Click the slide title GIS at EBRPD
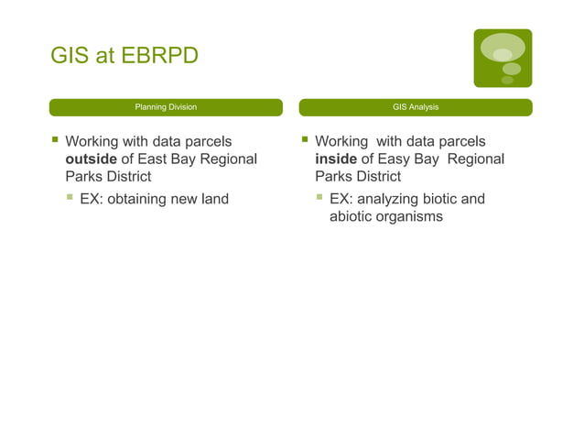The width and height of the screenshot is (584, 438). point(124,57)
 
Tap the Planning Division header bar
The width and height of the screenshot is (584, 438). point(166,107)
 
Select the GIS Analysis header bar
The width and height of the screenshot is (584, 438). point(415,107)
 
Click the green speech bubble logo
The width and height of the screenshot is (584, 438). point(503,58)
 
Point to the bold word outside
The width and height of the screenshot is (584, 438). point(91,159)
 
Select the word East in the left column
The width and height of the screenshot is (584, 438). point(155,159)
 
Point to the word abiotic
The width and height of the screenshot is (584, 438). point(352,217)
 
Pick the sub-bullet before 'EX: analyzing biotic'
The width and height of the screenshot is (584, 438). point(319,198)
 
